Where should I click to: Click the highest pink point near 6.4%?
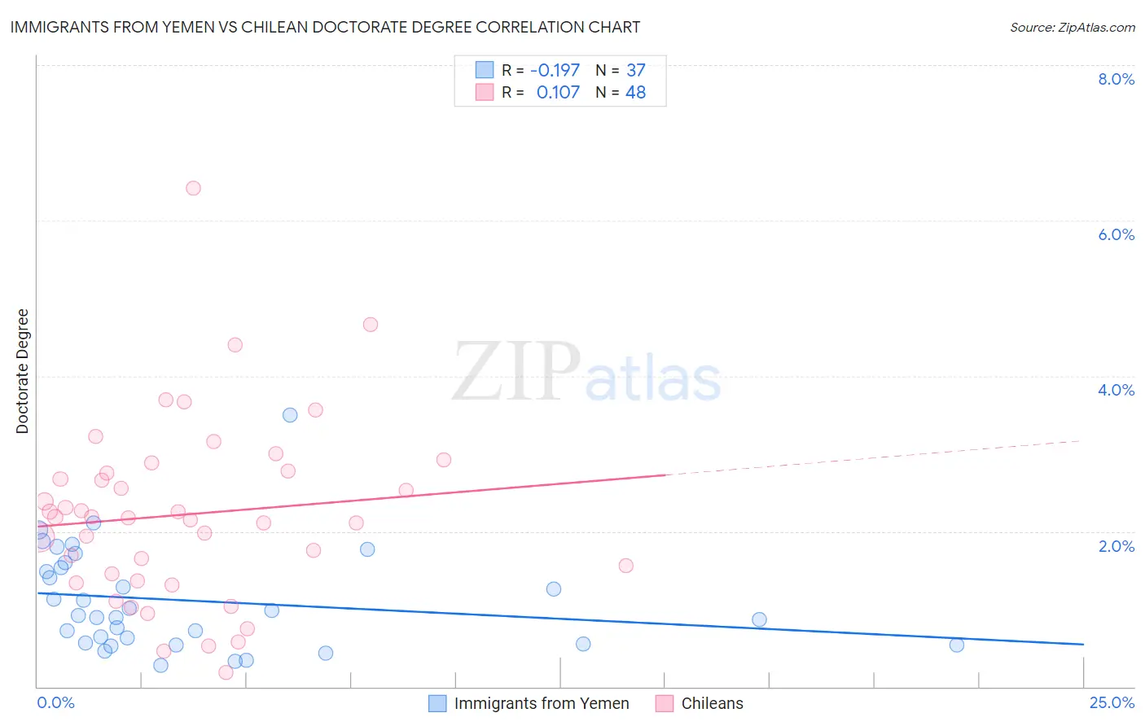(193, 188)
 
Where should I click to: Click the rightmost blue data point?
(957, 645)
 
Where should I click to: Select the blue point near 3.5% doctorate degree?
(290, 415)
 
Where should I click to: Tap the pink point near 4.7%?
(371, 325)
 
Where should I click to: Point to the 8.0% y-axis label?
(1116, 79)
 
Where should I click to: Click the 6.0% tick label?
(1116, 234)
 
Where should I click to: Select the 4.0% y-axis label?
(1116, 390)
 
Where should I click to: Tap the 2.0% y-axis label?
(1116, 546)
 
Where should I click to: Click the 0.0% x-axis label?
(56, 702)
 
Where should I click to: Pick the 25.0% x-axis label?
(1112, 702)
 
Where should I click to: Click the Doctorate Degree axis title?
(23, 371)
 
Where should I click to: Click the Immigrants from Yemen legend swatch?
(437, 703)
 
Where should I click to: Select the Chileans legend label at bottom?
(712, 703)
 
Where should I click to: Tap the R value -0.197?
(555, 70)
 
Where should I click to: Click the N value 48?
(635, 92)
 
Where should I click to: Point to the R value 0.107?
(558, 92)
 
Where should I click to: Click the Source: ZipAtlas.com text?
(1072, 27)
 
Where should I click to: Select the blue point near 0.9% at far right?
(759, 619)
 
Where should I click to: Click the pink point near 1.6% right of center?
(625, 566)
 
